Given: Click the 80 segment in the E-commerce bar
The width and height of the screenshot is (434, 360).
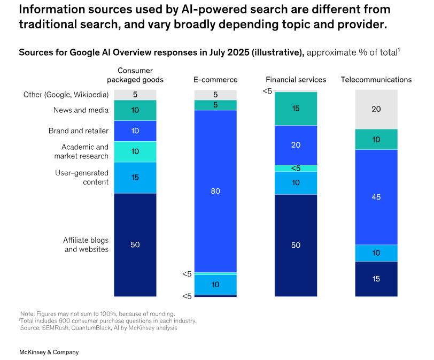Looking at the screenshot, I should pyautogui.click(x=215, y=191).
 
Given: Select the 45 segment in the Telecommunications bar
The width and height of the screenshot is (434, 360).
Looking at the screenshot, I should pyautogui.click(x=376, y=197).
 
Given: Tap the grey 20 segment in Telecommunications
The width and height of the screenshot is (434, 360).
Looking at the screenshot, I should pyautogui.click(x=376, y=109).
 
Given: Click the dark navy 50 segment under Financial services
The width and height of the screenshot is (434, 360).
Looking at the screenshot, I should pyautogui.click(x=296, y=245).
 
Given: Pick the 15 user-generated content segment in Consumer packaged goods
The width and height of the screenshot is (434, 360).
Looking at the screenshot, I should pyautogui.click(x=135, y=178).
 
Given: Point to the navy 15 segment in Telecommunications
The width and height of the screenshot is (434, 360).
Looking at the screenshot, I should pyautogui.click(x=376, y=279).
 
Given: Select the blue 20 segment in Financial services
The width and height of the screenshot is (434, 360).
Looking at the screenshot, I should pyautogui.click(x=296, y=145).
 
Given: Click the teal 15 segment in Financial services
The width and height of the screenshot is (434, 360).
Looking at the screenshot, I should pyautogui.click(x=296, y=109).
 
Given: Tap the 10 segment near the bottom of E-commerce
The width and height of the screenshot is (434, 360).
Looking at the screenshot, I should pyautogui.click(x=215, y=285).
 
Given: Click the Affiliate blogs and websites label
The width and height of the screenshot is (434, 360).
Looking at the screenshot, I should pyautogui.click(x=86, y=244).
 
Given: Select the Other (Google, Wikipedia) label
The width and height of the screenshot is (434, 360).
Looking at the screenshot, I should pyautogui.click(x=66, y=95).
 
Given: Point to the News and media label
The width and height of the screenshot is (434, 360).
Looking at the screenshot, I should pyautogui.click(x=81, y=110).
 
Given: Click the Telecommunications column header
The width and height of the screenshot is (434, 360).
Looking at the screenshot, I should pyautogui.click(x=376, y=80).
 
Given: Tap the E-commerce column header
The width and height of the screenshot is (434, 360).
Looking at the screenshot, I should pyautogui.click(x=215, y=80).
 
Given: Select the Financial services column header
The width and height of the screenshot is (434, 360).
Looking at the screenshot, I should pyautogui.click(x=296, y=80).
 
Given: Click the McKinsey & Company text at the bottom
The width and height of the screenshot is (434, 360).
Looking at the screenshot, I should pyautogui.click(x=49, y=352).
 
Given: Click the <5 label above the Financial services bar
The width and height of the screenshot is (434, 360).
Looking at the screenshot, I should pyautogui.click(x=267, y=91).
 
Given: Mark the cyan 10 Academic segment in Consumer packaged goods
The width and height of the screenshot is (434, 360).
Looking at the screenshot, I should pyautogui.click(x=135, y=151).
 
